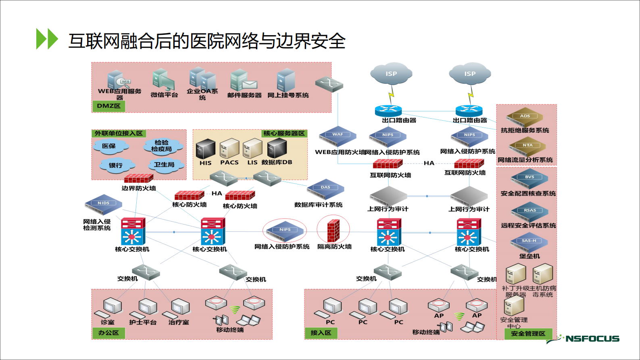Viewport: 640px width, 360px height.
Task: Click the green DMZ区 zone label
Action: tap(108, 106)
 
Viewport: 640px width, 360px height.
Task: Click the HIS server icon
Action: tap(206, 149)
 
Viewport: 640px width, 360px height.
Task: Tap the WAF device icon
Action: tap(338, 136)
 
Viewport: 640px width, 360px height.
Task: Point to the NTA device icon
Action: tap(527, 147)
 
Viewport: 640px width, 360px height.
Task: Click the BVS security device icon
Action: tap(529, 179)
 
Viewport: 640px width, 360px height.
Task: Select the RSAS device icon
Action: tap(530, 212)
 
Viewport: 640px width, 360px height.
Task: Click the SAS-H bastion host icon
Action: tap(529, 243)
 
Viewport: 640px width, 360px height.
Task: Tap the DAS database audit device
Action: tap(325, 189)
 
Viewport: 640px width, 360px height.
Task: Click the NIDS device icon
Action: tap(103, 205)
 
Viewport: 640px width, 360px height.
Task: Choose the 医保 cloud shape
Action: tap(110, 146)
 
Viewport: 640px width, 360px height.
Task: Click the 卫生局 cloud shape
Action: tap(164, 165)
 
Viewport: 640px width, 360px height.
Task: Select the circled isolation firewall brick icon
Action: tap(333, 230)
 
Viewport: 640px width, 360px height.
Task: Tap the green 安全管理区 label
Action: tap(528, 334)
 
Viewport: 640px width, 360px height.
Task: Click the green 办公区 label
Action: tap(108, 333)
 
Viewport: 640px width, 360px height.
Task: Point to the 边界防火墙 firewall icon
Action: tap(138, 178)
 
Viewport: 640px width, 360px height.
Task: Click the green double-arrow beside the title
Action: tap(47, 39)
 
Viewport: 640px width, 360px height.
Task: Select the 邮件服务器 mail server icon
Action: tap(243, 81)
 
